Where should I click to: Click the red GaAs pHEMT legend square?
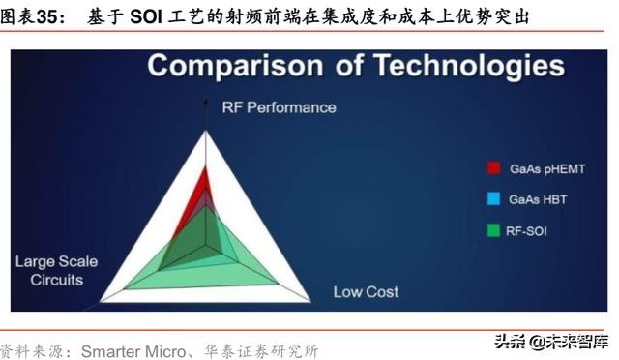pos(493,168)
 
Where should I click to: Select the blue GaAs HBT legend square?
pos(493,199)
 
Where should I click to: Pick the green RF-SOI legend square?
pos(493,230)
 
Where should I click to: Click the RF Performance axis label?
pos(279,106)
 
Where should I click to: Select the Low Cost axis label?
pos(366,291)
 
